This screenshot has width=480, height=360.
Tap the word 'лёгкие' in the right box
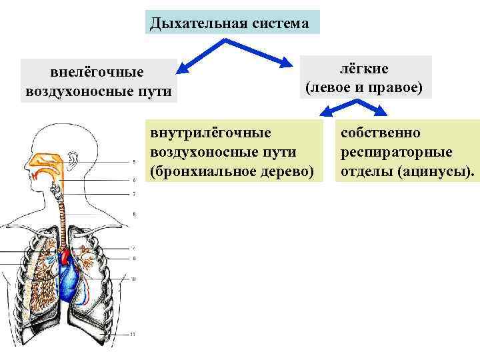click(364, 69)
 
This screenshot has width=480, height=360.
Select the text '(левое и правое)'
click(364, 87)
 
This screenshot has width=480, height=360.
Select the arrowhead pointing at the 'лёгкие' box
click(293, 64)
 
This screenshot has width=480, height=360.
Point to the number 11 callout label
click(133, 334)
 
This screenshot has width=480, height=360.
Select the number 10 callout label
click(133, 279)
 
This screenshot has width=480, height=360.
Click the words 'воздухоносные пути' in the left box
click(98, 91)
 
